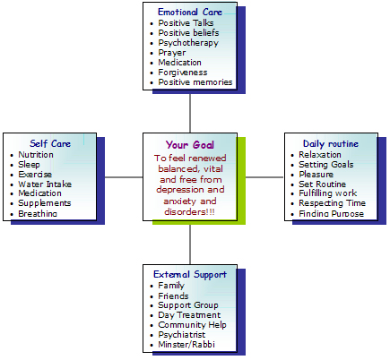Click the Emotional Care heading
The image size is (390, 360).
click(190, 13)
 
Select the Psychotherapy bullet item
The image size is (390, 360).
click(188, 43)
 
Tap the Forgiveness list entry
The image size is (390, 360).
click(183, 73)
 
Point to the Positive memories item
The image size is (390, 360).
click(195, 82)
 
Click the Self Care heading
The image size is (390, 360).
click(50, 143)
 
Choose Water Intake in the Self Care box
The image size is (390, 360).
click(45, 184)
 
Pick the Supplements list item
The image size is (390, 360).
click(45, 203)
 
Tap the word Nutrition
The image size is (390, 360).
click(36, 155)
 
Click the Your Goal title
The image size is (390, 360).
click(190, 145)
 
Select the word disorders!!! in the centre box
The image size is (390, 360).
click(189, 212)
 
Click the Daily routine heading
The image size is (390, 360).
click(331, 144)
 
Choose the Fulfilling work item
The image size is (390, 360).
click(328, 193)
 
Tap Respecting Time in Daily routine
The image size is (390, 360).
click(333, 203)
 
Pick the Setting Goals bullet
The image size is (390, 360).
click(326, 165)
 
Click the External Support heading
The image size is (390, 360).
click(190, 274)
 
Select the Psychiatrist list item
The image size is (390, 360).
click(182, 335)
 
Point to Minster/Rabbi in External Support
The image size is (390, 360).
click(186, 345)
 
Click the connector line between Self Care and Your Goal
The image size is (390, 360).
click(124, 177)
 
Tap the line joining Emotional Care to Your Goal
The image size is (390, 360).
click(190, 113)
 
